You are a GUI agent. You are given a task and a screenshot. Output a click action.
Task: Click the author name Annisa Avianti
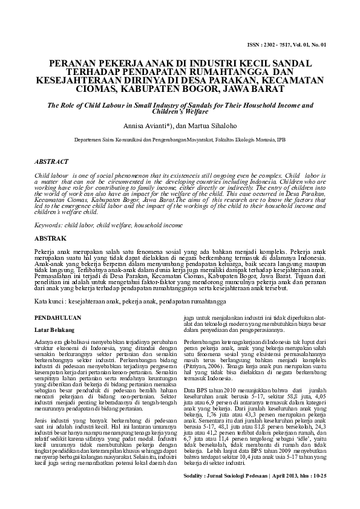tap(147, 126)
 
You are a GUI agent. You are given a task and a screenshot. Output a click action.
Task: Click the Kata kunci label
tap(49, 300)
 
